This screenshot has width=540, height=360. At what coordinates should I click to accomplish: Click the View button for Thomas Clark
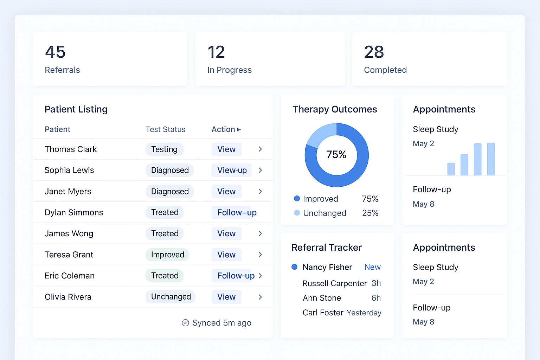tap(226, 149)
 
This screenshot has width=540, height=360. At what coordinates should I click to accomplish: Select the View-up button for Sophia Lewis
tap(232, 170)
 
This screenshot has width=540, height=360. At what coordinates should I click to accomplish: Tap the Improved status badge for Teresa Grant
tap(167, 255)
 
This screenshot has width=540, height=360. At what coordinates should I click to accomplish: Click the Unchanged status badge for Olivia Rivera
tap(171, 297)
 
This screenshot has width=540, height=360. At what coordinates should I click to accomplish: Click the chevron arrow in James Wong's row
tap(260, 234)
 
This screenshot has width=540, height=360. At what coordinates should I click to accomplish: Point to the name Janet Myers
tap(68, 192)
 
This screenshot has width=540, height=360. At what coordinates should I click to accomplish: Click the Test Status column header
tap(165, 130)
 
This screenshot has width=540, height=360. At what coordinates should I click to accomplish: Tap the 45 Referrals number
tap(55, 52)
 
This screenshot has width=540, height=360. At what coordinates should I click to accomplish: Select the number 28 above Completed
tap(374, 52)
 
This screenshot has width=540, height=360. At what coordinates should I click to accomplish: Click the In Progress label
tap(229, 70)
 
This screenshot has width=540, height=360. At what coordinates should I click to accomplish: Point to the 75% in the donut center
tap(336, 155)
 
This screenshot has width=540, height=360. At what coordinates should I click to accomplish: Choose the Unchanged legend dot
tap(297, 213)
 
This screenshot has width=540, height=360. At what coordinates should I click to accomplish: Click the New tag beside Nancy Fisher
tap(372, 267)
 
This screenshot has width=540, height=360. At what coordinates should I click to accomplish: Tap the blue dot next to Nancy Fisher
tap(295, 267)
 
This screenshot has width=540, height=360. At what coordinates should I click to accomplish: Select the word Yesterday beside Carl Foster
tap(364, 313)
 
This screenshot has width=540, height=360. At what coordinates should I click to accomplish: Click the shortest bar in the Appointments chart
tap(451, 169)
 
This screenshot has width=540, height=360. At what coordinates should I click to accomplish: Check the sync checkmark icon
tap(185, 323)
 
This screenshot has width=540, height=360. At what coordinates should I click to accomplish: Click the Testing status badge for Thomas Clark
tap(164, 149)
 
